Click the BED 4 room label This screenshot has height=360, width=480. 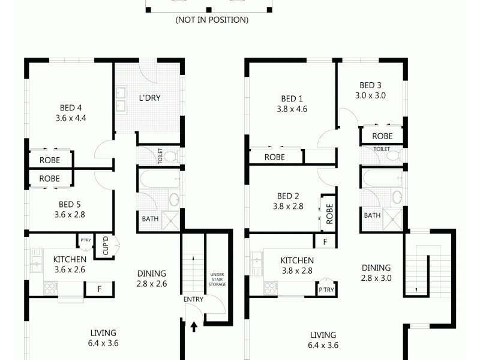71,108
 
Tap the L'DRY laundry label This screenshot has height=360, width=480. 149,98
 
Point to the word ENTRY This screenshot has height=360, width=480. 193,299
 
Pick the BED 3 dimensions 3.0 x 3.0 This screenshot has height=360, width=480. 370,95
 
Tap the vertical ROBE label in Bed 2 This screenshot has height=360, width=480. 330,213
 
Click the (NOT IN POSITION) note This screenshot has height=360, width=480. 212,20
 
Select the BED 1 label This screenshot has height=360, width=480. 292,99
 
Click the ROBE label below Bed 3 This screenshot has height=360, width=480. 383,136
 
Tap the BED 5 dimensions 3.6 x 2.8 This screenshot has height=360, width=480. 71,214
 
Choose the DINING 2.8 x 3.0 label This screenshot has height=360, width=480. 376,272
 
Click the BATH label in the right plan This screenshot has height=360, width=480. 373,215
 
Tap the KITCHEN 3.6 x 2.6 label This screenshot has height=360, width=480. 70,264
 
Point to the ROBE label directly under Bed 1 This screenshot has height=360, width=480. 275,157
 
